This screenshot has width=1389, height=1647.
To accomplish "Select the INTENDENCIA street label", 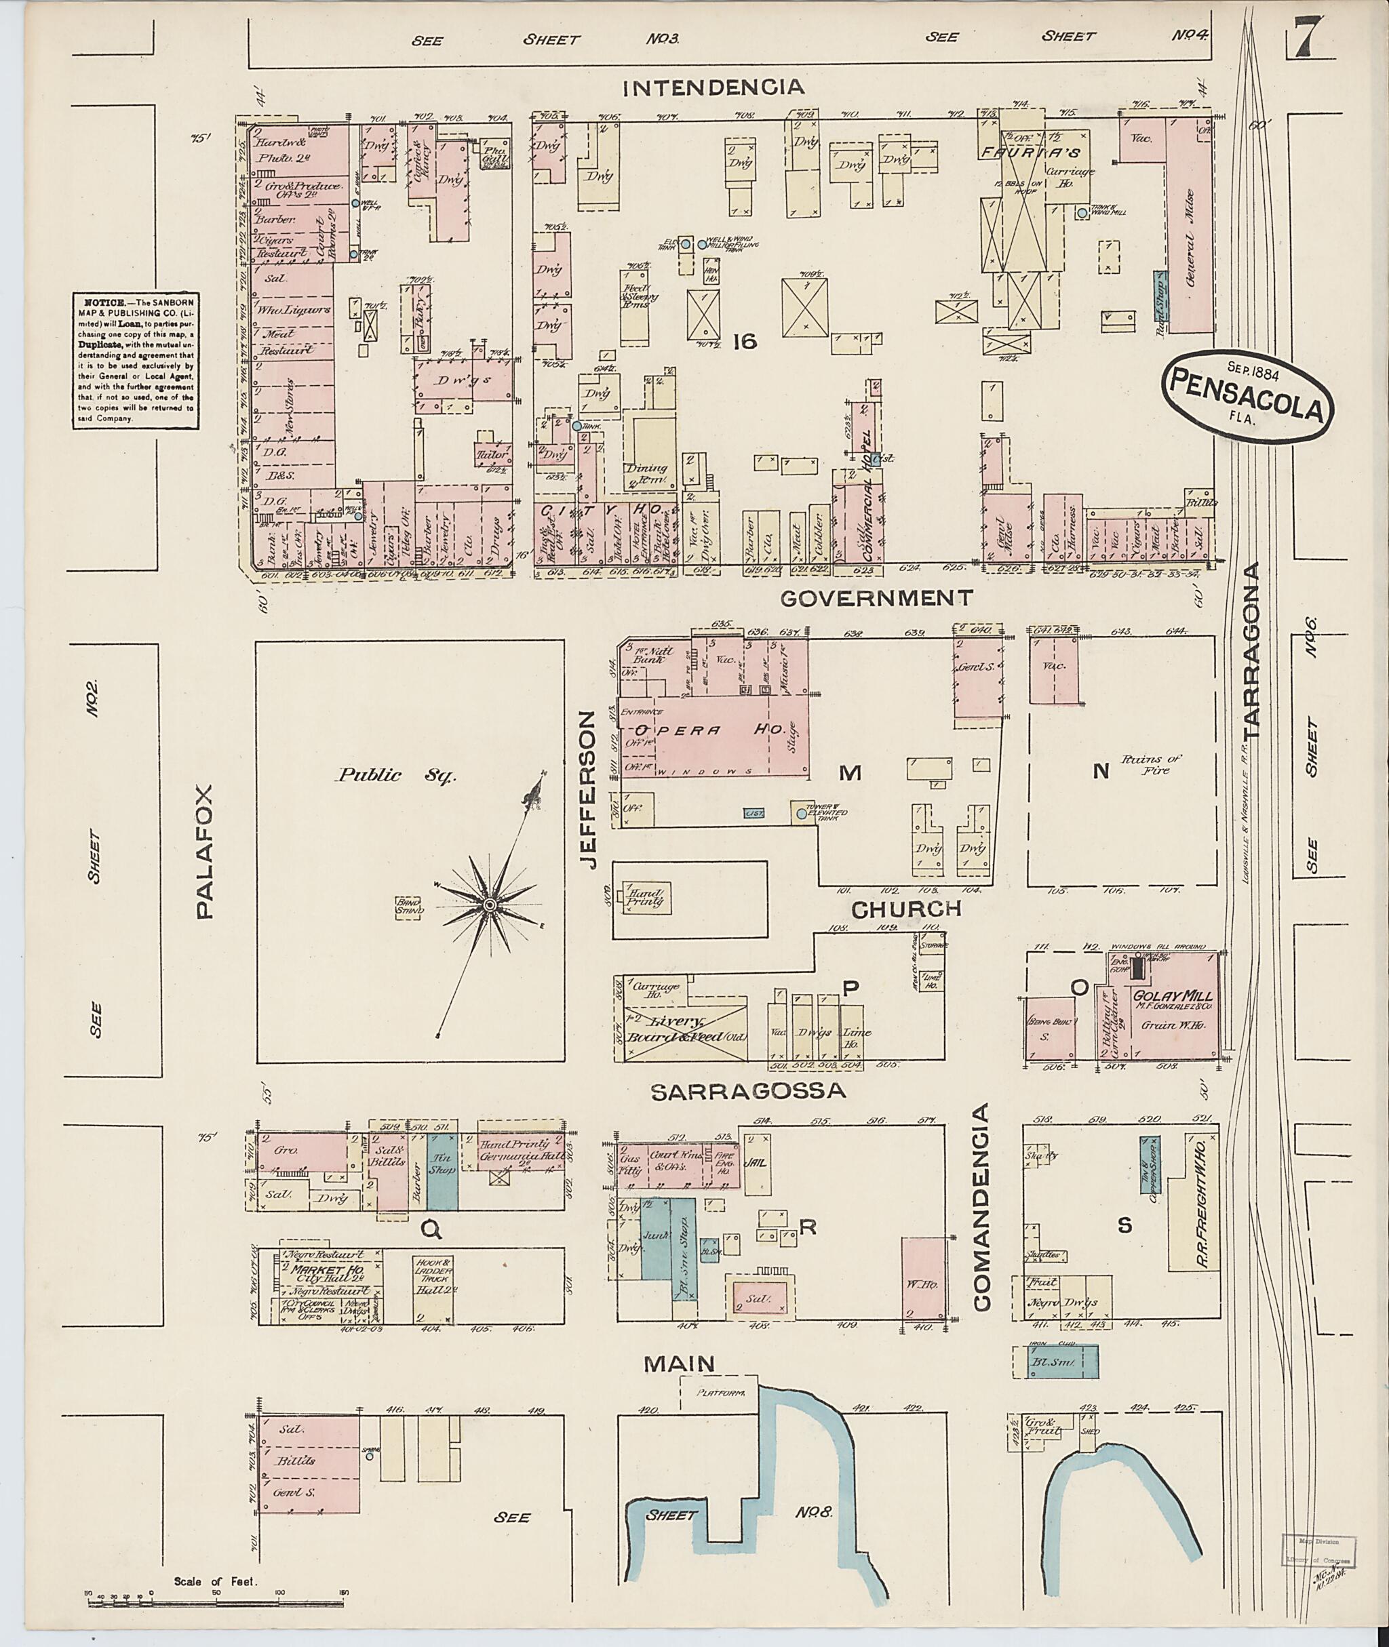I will click(713, 87).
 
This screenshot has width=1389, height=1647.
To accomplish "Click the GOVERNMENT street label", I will click(876, 598).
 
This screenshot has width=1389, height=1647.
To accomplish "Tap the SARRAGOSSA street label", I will click(747, 1090).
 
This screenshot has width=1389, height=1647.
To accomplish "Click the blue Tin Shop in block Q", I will click(442, 1172).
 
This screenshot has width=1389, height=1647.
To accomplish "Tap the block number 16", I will click(744, 341).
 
